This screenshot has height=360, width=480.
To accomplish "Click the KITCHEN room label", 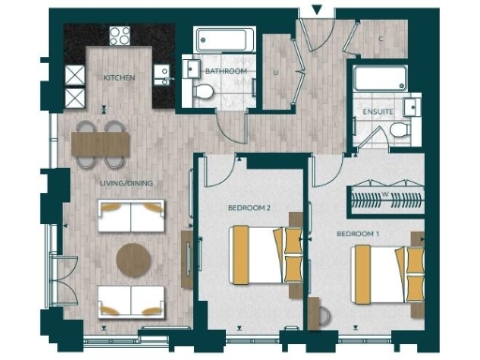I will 119,78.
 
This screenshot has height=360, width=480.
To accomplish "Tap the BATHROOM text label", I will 226,71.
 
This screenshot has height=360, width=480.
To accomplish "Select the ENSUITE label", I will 378,112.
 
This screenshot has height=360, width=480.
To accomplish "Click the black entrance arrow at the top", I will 317,10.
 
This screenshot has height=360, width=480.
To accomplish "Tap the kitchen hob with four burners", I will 120,37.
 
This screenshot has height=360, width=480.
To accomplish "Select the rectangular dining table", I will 100,142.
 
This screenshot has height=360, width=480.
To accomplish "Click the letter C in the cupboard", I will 381,38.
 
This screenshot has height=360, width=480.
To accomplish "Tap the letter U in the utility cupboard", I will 276,70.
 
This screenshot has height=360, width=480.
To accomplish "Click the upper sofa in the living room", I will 132,217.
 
